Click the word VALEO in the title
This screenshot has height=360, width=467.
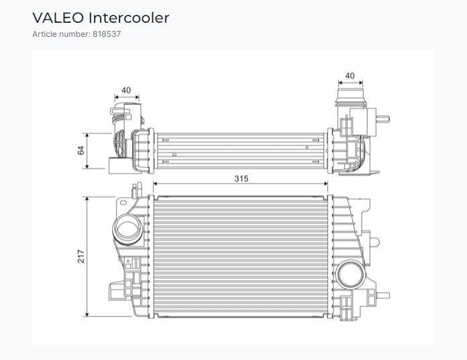click(58, 18)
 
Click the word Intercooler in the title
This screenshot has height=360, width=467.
click(129, 18)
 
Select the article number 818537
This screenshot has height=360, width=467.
click(107, 34)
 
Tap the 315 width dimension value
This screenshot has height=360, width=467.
click(242, 178)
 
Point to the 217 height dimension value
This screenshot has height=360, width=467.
click(81, 257)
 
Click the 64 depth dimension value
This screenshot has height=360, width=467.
click(81, 150)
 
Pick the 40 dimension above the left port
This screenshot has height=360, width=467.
click(126, 90)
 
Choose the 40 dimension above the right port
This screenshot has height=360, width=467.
click(350, 76)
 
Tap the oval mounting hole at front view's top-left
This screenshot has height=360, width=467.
click(123, 202)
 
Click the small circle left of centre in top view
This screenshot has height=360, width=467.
click(174, 154)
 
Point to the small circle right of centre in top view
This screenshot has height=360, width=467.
click(307, 147)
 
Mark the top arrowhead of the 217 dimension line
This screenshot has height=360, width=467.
click(87, 199)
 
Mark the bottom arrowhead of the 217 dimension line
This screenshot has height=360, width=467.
click(87, 314)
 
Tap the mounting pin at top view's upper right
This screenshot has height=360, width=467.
click(383, 119)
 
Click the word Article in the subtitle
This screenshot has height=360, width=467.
click(44, 34)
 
